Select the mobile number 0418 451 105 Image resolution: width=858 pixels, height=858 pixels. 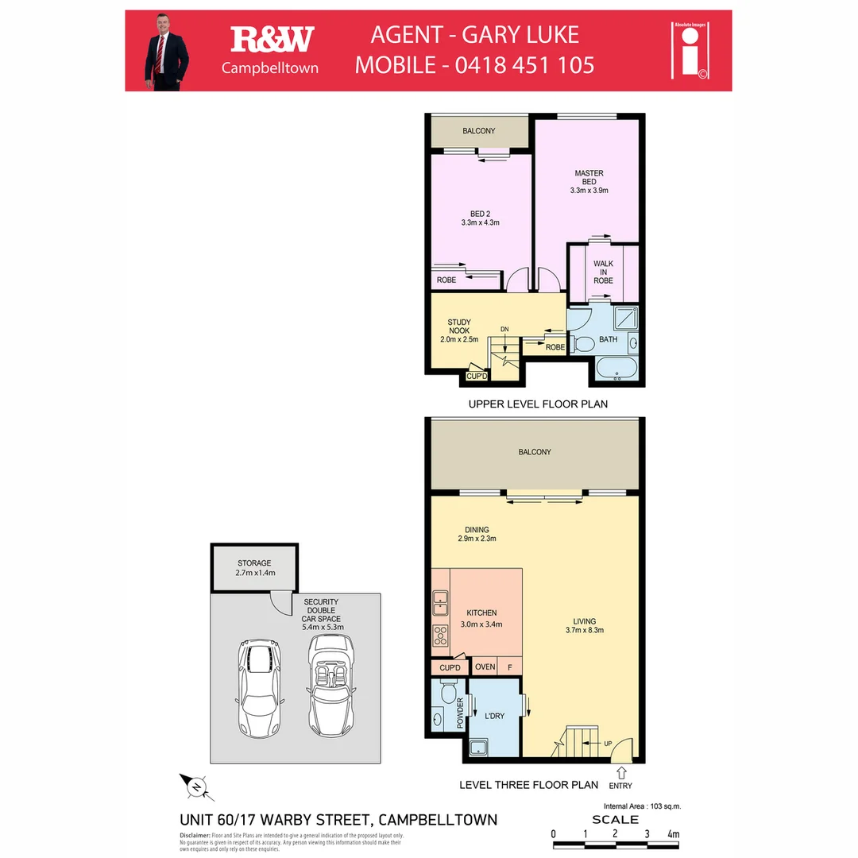click(x=524, y=64)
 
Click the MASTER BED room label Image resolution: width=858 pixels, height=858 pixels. click(x=589, y=181)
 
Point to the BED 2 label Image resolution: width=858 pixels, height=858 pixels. click(x=479, y=218)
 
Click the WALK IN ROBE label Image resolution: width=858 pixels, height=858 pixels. click(x=603, y=272)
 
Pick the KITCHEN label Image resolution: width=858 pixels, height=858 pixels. click(x=481, y=618)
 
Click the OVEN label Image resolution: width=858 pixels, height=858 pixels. click(x=485, y=667)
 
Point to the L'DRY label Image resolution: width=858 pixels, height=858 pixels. click(x=494, y=716)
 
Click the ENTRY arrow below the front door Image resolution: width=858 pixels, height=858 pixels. click(x=620, y=771)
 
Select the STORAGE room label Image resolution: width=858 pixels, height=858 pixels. click(x=254, y=567)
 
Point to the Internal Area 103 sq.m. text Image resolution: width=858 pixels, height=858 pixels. click(x=637, y=806)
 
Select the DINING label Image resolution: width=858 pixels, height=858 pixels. click(x=477, y=534)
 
